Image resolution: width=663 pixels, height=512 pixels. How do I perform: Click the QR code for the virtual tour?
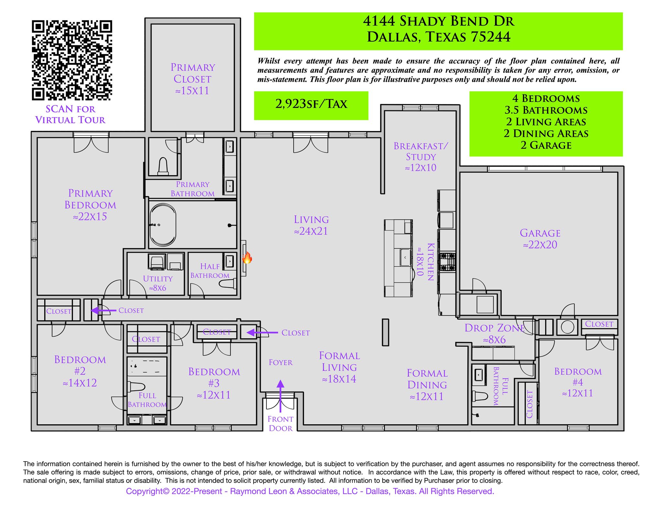72,60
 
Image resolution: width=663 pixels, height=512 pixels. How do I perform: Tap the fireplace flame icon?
247,258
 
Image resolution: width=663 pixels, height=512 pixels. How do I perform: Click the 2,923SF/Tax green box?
311,105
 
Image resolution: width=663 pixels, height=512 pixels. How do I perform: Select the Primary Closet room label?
193,79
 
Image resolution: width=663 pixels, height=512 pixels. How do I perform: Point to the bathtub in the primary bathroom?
163,225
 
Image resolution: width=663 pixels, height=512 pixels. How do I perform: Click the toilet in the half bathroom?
228,284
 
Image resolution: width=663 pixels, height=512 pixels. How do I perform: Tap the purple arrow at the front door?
280,396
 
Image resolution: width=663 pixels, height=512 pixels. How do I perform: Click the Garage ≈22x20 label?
540,239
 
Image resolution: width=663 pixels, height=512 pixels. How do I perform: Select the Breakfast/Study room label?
421,157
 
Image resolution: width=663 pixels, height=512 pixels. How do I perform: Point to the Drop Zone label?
494,333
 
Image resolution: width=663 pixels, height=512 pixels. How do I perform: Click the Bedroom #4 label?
578,382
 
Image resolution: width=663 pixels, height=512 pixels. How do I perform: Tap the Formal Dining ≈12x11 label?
427,385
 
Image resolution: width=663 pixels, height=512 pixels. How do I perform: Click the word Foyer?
280,363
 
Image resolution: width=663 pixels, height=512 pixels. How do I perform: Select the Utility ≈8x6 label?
158,283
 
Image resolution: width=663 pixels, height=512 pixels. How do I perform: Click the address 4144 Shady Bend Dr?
438,21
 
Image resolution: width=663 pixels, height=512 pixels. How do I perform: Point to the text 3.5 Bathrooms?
546,110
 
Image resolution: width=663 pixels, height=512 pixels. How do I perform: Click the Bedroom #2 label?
80,371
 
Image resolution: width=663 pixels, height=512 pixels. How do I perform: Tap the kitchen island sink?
405,257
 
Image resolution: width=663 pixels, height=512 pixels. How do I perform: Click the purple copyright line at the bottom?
310,491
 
